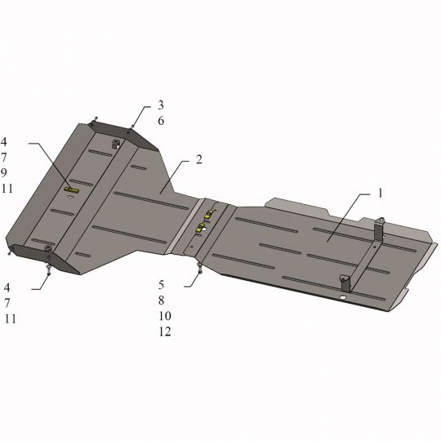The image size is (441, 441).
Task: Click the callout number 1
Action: pyautogui.click(x=380, y=194)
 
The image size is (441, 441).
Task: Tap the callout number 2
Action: pyautogui.click(x=198, y=160)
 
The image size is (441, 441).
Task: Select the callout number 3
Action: pyautogui.click(x=161, y=105)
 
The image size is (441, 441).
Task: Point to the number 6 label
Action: pyautogui.click(x=161, y=121)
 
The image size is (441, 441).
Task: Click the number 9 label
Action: pyautogui.click(x=3, y=172)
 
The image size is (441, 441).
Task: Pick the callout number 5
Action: pyautogui.click(x=161, y=285)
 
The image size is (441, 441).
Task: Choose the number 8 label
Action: pyautogui.click(x=161, y=301)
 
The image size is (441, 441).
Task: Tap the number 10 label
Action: pyautogui.click(x=165, y=316)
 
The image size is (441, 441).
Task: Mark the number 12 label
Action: pyautogui.click(x=165, y=332)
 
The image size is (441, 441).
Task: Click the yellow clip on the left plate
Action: pyautogui.click(x=72, y=190)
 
